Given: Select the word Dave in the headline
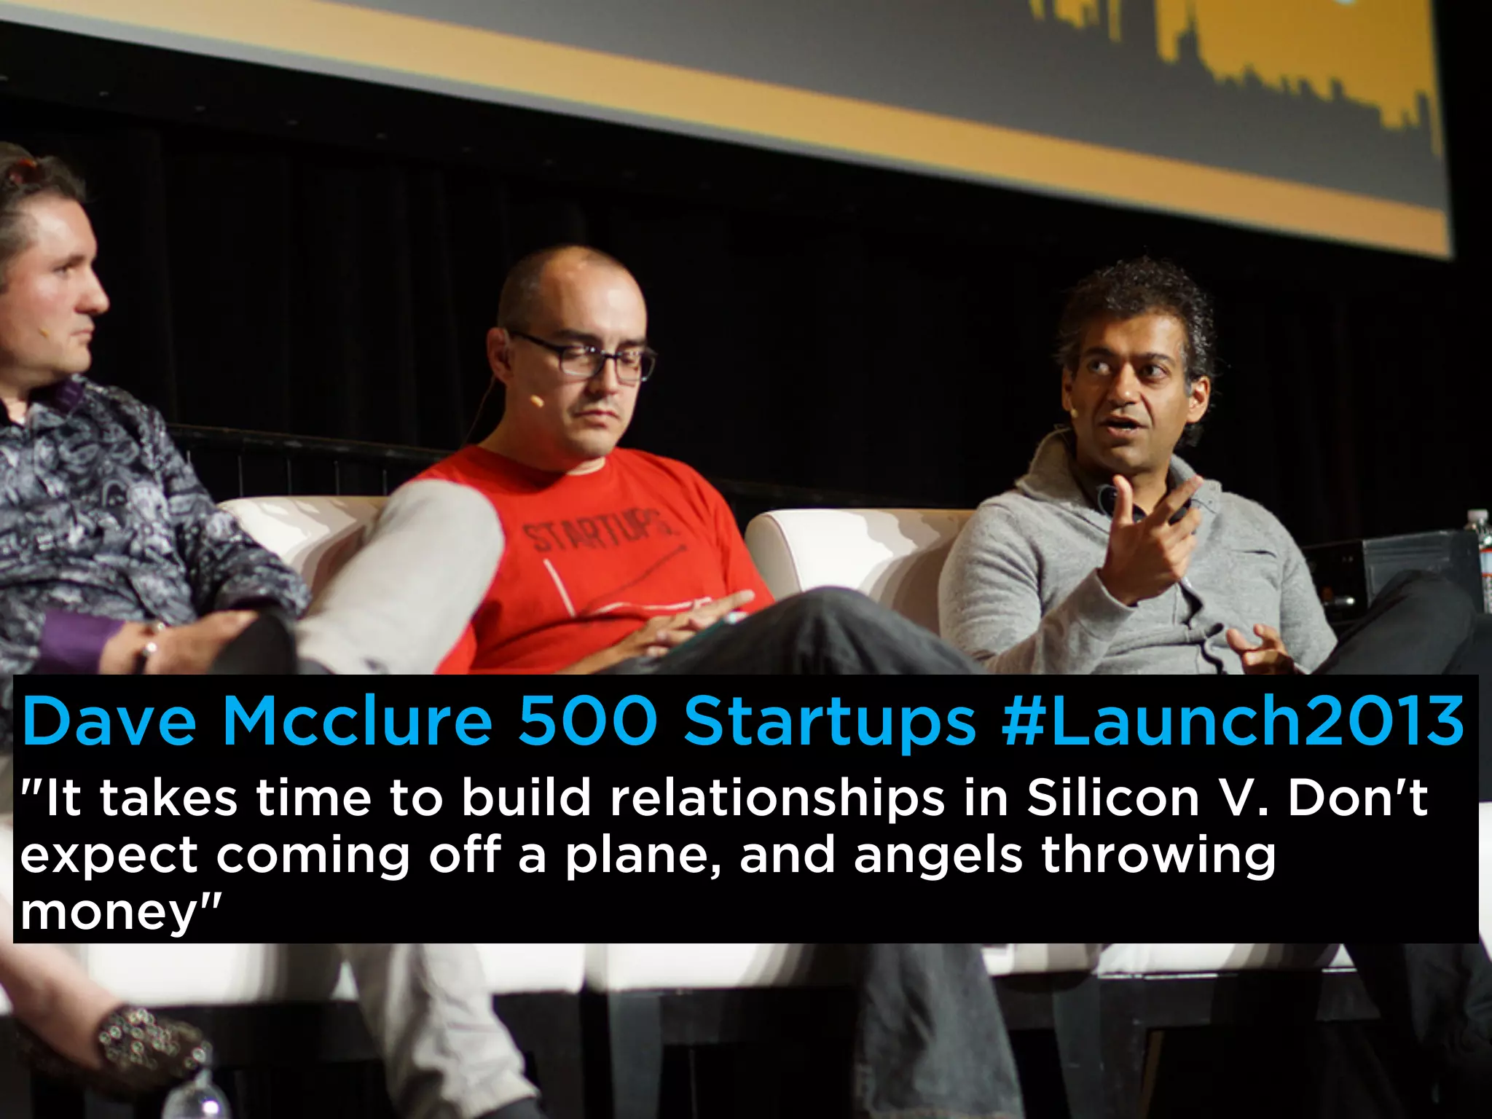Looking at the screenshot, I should pos(109,721).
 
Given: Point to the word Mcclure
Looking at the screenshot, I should pos(357,721).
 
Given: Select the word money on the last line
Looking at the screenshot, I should pos(109,912).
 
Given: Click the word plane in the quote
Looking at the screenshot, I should pos(641,856).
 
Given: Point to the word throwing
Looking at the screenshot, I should pos(1158,856).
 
